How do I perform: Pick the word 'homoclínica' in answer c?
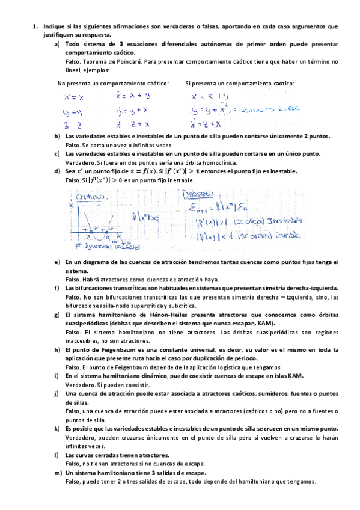click(219, 162)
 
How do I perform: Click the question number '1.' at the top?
click(36, 27)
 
